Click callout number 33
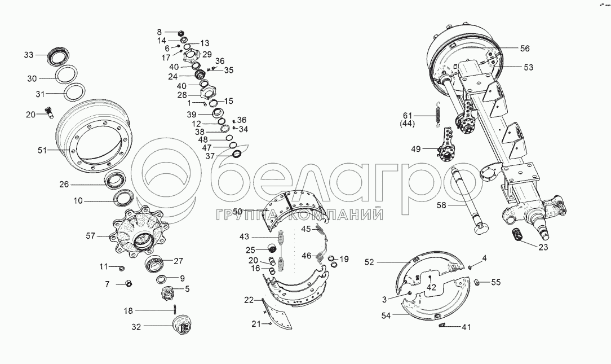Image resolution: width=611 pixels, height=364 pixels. click(29, 55)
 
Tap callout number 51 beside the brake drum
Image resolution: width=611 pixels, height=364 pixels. click(42, 150)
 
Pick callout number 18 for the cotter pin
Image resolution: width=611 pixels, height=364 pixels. click(128, 311)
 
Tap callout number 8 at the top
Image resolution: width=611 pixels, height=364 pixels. click(159, 32)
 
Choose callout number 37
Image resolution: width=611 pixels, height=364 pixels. click(210, 156)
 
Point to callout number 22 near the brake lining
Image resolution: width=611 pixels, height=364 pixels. click(249, 300)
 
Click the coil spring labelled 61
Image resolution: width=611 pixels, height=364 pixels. click(438, 112)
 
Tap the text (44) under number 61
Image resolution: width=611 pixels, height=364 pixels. click(407, 124)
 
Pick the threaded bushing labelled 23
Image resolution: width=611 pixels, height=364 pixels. click(518, 236)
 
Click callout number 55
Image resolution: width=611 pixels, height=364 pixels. click(495, 283)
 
